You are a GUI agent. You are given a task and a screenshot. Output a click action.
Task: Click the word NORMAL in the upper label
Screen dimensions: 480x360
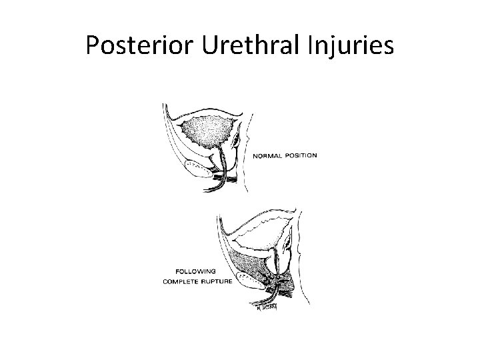(268, 155)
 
